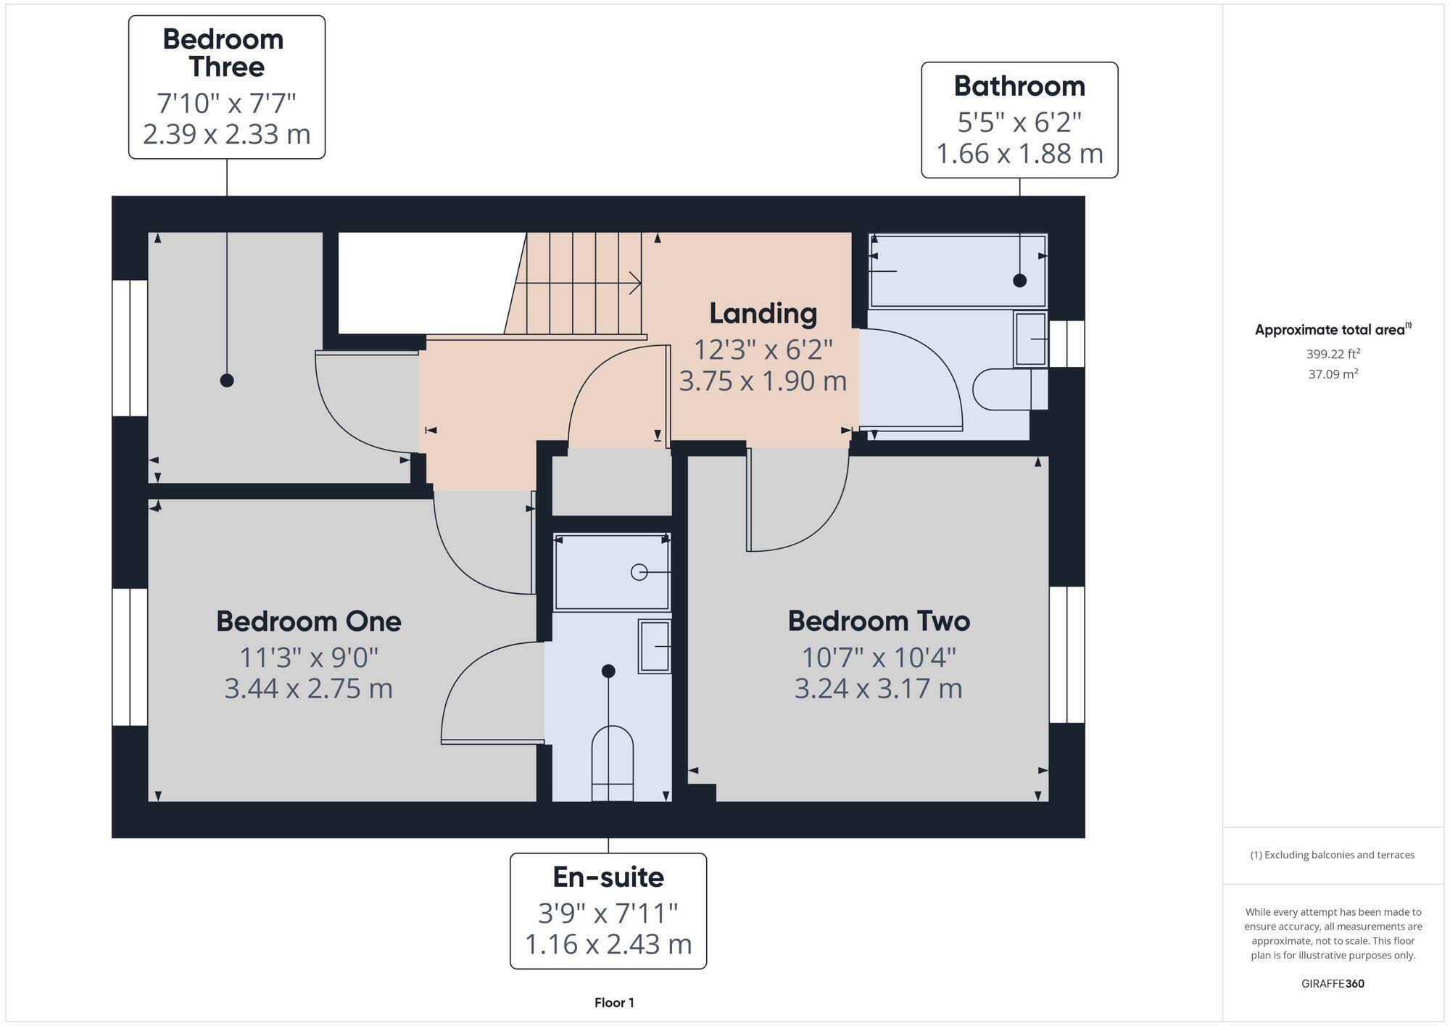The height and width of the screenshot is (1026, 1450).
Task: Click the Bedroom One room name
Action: pyautogui.click(x=308, y=621)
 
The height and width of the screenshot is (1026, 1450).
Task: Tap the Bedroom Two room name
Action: pyautogui.click(x=879, y=621)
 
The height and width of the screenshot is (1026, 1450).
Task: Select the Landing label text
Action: pyautogui.click(x=763, y=313)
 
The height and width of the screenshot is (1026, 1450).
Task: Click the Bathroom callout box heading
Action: pyautogui.click(x=1019, y=86)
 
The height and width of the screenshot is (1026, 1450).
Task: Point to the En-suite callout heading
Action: pyautogui.click(x=608, y=877)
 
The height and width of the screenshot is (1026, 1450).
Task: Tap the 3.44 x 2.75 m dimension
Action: pyautogui.click(x=308, y=688)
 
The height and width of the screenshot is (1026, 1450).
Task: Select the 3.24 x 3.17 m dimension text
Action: pyautogui.click(x=879, y=688)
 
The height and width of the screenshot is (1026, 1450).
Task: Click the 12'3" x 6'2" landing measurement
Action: pyautogui.click(x=763, y=350)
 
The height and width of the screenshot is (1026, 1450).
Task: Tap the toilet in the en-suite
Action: pyautogui.click(x=613, y=761)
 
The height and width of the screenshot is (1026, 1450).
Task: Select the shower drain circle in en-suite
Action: pyautogui.click(x=639, y=572)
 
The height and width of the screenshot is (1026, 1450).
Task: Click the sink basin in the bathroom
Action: pyautogui.click(x=1030, y=339)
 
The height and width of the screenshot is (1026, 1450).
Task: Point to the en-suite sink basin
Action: pyautogui.click(x=655, y=645)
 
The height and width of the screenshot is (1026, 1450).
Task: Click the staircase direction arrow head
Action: pyautogui.click(x=636, y=283)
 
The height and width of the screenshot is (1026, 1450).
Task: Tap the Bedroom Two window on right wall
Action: pyautogui.click(x=1066, y=655)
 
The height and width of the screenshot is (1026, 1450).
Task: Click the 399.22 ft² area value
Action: pyautogui.click(x=1333, y=354)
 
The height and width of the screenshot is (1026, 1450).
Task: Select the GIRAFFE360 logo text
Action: pyautogui.click(x=1333, y=984)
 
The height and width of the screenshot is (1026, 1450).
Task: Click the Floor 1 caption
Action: pyautogui.click(x=614, y=1003)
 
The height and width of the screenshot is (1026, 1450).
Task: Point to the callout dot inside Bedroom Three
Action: pyautogui.click(x=227, y=380)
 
